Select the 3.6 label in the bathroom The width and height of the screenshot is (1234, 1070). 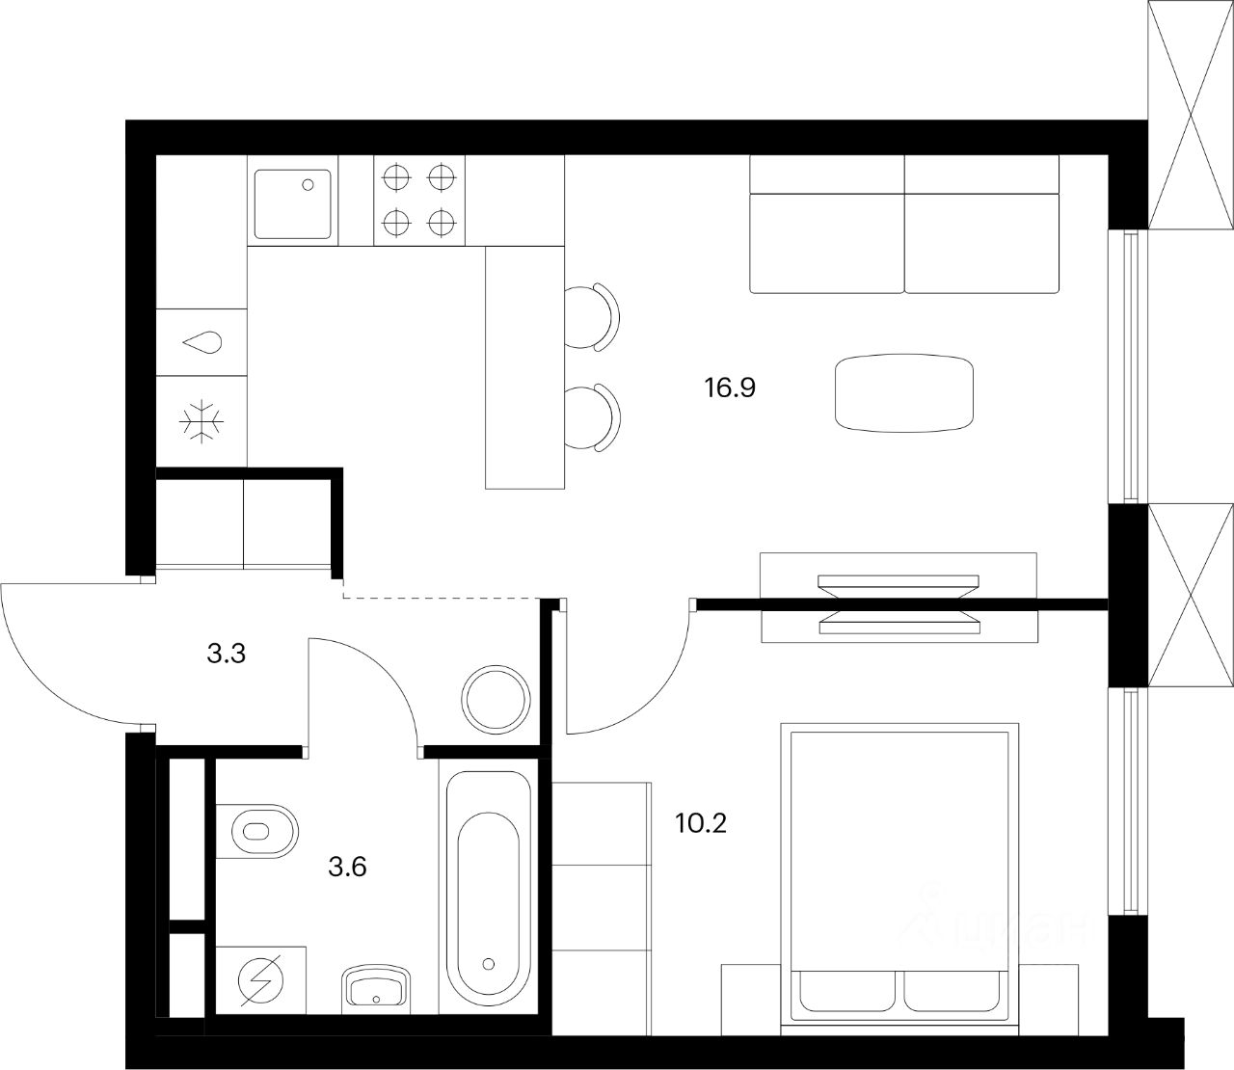348,867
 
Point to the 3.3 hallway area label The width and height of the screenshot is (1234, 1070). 227,655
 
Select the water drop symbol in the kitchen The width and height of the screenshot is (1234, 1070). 202,341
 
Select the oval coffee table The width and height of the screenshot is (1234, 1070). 903,392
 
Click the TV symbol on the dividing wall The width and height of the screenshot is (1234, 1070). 899,605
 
